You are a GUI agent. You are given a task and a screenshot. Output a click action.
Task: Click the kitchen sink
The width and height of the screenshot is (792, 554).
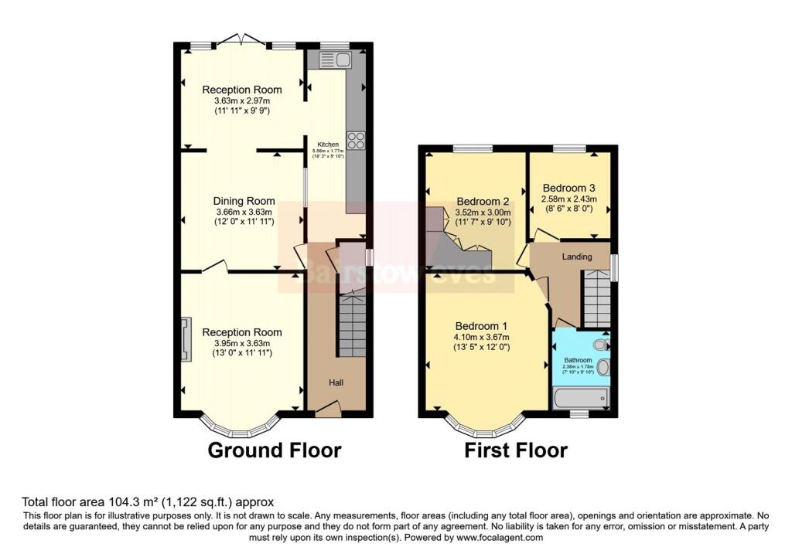click(x=333, y=59)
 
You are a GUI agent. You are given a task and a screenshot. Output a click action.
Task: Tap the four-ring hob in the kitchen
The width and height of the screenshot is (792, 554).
click(x=357, y=140)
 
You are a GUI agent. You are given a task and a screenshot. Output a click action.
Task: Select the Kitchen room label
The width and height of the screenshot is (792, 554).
click(x=325, y=144)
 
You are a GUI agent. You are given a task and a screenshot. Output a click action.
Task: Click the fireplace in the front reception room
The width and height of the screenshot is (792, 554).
click(x=185, y=339)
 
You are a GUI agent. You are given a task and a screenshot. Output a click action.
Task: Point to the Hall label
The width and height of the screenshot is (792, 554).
click(x=336, y=382)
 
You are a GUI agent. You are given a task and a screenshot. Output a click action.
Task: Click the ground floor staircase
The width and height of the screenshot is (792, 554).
click(x=353, y=325)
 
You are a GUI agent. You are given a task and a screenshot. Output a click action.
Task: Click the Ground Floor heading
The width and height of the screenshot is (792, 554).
click(x=274, y=450)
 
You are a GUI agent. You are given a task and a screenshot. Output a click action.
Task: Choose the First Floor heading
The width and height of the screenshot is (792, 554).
click(x=516, y=450)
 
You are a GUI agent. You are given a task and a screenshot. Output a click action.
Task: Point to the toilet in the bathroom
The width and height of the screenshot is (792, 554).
click(x=599, y=345)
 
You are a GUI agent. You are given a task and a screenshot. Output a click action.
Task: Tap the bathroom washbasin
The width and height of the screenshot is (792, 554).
click(x=603, y=368)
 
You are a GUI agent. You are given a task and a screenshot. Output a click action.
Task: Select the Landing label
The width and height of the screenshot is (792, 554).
click(x=577, y=257)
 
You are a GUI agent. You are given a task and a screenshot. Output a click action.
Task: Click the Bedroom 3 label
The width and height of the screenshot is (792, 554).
click(x=568, y=188)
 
